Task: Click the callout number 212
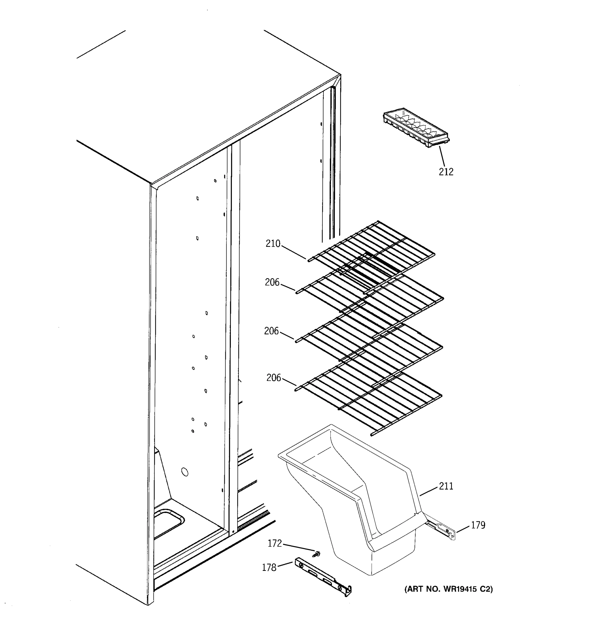446,172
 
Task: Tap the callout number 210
273,244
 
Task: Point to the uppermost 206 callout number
272,282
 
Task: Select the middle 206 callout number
271,331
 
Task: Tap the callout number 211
446,487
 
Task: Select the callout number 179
478,525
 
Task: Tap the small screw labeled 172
318,553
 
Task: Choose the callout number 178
269,568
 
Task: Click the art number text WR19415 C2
448,589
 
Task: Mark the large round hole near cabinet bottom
185,472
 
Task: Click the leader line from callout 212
442,156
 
